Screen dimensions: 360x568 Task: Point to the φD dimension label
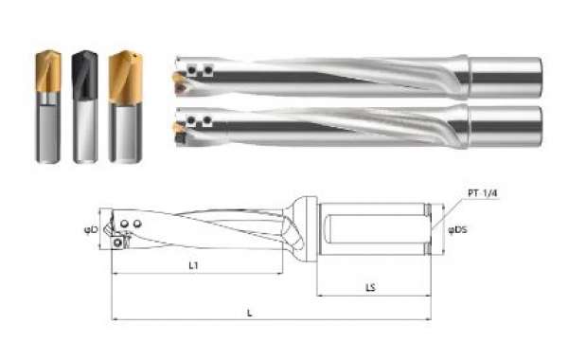point(92,229)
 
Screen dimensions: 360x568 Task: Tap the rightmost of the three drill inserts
point(120,76)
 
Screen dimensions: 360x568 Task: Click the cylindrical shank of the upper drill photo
point(506,77)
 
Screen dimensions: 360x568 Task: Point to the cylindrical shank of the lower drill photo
point(506,126)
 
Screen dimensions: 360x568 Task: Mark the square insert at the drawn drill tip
point(117,242)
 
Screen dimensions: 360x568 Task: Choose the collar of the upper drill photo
point(461,77)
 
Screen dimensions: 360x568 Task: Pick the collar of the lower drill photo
point(461,126)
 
